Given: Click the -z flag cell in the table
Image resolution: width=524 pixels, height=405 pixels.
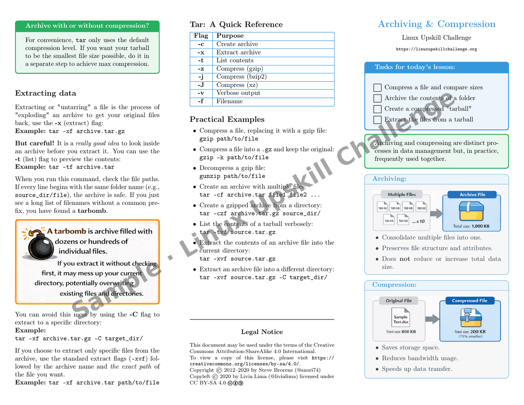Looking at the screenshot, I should [x=201, y=69].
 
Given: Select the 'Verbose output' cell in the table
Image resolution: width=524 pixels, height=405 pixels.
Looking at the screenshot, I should [x=238, y=93].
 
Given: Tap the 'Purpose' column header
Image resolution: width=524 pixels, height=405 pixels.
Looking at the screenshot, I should [x=230, y=36].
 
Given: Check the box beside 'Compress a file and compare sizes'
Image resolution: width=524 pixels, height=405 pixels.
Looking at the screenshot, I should [x=378, y=88].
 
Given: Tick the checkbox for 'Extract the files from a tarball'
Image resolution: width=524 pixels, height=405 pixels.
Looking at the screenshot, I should [x=378, y=120].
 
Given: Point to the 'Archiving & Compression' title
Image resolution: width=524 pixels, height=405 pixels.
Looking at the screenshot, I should [x=437, y=24].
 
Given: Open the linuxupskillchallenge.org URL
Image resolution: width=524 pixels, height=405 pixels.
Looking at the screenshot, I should [x=437, y=49].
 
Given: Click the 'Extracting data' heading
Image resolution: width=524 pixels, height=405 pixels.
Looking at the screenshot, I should [x=45, y=93].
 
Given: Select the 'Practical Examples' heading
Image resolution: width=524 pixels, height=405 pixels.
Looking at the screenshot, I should [x=227, y=119].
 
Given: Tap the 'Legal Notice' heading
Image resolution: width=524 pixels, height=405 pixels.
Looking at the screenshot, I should [x=262, y=332].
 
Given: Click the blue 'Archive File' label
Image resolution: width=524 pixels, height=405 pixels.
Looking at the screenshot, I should [x=472, y=194].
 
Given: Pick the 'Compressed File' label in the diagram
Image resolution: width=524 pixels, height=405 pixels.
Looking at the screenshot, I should [x=469, y=301].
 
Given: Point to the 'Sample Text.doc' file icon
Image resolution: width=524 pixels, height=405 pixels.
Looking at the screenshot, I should [x=400, y=319].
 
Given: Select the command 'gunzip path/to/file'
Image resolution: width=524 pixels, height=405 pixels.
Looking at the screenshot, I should [x=232, y=176].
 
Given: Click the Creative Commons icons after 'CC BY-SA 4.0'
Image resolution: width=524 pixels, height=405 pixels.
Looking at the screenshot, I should [x=235, y=383].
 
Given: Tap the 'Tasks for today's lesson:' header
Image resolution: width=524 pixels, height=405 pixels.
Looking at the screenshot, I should [x=415, y=67].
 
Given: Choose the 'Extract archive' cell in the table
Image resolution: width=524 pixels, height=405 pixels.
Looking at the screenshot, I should [x=239, y=52].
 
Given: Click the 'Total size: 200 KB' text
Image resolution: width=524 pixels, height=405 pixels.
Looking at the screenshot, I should [x=470, y=332].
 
